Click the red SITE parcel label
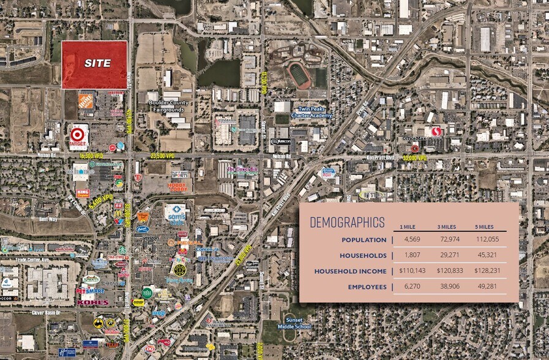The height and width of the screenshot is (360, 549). click(x=98, y=63)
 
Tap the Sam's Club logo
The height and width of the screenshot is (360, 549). click(x=176, y=213)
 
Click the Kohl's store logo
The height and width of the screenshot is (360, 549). click(x=93, y=302)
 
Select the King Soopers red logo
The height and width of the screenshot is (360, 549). click(x=84, y=192)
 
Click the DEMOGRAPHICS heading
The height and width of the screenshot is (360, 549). click(x=347, y=222)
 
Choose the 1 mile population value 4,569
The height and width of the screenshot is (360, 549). click(x=409, y=239)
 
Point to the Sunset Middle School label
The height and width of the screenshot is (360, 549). click(x=298, y=320)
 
